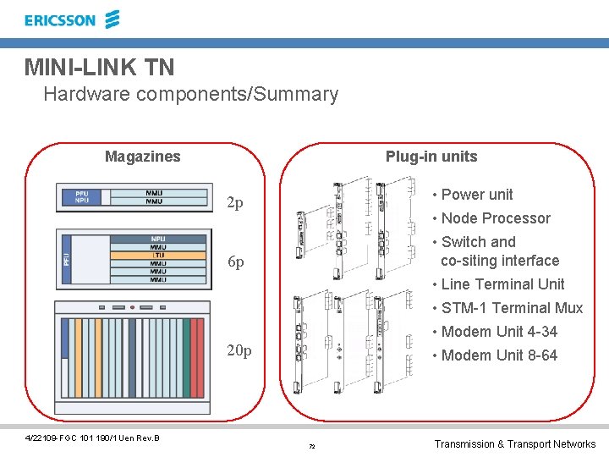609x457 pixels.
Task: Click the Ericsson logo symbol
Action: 113,19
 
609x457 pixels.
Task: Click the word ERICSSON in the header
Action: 60,19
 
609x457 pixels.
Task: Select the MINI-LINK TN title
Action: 100,66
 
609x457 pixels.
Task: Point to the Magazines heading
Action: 142,157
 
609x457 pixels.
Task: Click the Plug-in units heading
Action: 431,157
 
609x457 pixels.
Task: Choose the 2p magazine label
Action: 236,203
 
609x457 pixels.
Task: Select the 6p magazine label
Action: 236,262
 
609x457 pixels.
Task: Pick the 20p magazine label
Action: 240,350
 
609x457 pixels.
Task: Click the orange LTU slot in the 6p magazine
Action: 158,255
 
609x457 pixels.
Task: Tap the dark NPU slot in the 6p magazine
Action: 158,238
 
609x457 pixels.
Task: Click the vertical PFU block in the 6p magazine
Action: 66,260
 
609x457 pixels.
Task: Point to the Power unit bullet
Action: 476,195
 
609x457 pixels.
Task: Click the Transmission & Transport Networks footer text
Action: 514,444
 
